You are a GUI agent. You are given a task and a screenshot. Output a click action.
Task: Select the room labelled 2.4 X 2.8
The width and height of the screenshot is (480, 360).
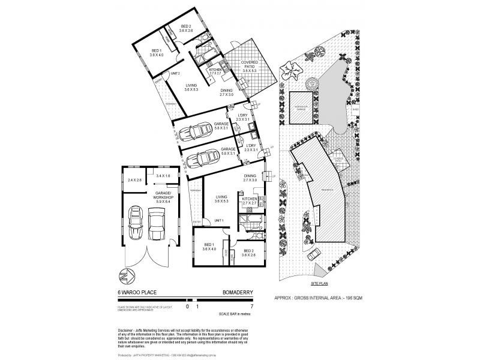(x=134, y=179)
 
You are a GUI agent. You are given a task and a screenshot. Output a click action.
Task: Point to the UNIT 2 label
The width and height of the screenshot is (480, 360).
(x=176, y=73)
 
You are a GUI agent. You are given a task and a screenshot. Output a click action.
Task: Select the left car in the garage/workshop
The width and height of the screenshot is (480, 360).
(x=136, y=226)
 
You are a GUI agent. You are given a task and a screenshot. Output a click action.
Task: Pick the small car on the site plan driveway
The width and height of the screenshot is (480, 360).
(x=314, y=255)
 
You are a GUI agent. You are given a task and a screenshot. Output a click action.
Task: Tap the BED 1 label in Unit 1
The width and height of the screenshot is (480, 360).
(x=208, y=248)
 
